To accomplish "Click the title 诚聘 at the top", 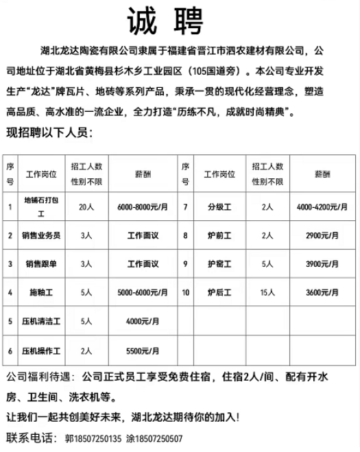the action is pos(165,22).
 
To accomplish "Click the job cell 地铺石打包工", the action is pos(41,206).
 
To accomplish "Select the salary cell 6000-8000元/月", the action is pos(143,206).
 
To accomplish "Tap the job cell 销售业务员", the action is pos(41,235).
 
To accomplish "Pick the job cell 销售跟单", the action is pos(41,263).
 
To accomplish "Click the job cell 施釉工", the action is pos(41,292).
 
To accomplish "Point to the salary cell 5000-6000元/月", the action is pos(143,292).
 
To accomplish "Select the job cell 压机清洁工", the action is pos(41,320).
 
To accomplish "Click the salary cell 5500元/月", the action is pos(143,350).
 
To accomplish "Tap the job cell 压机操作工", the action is pos(41,350).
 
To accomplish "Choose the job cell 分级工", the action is pos(219,206).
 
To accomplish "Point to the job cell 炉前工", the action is pos(219,235).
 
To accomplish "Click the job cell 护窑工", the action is pos(219,263).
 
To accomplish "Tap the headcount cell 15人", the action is pos(267,292).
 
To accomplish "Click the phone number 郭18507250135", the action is pos(93,438).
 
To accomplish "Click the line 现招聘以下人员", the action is pos(49,133).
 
